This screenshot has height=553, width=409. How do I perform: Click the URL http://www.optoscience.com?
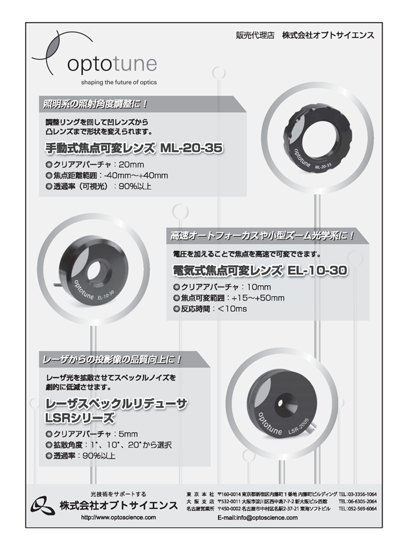click(118, 518)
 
